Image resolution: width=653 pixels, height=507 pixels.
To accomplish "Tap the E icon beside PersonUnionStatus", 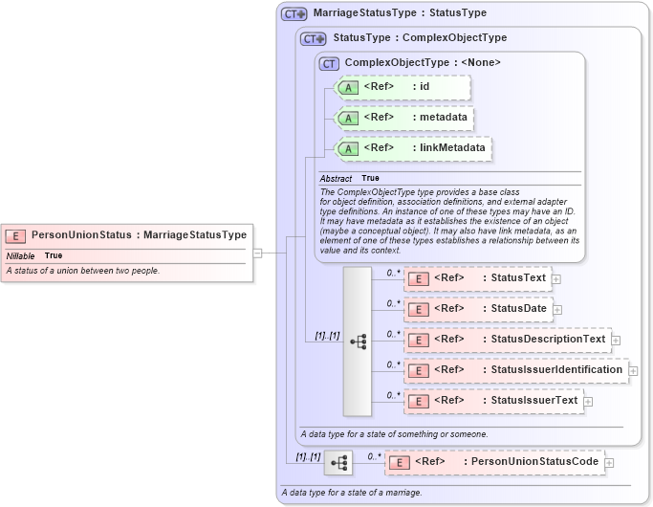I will tap(16, 235).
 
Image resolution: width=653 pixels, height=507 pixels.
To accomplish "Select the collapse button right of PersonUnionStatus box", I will tap(257, 253).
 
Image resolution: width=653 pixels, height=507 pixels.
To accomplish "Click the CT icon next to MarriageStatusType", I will tap(294, 13).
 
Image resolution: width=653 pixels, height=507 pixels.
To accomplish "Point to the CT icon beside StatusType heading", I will tap(313, 38).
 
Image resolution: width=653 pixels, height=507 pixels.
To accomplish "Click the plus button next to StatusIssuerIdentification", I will tap(633, 370).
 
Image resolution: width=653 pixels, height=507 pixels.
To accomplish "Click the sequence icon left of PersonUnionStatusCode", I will tap(337, 463).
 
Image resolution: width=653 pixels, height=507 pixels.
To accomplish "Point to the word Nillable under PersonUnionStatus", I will tap(21, 256).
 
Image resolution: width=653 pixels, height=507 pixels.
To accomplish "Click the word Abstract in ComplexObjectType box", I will tap(336, 179).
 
